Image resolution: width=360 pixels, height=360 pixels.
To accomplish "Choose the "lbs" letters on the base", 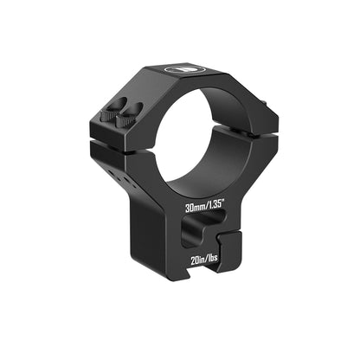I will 218,256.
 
